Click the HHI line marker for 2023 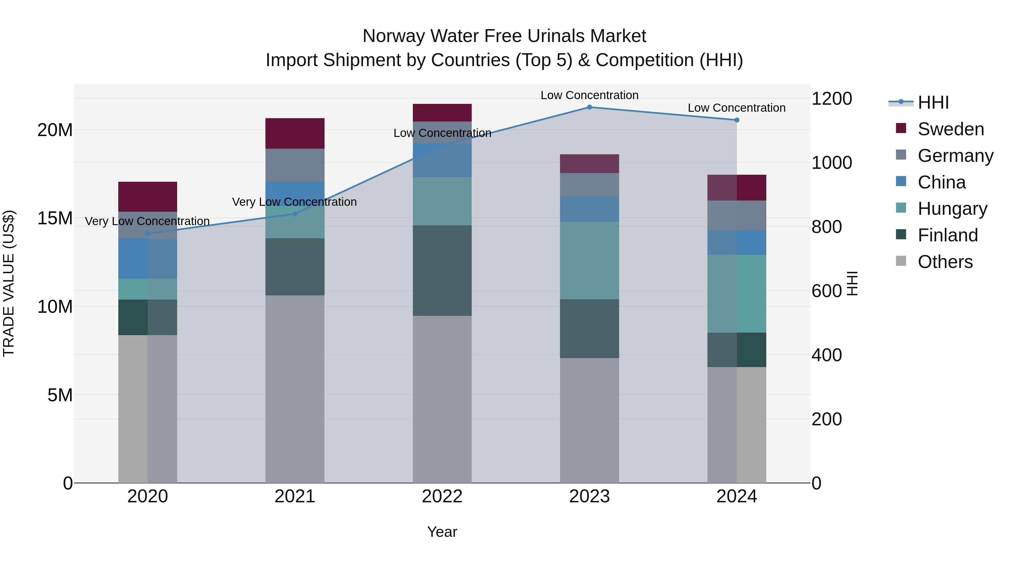click(x=589, y=107)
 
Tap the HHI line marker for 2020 click(x=148, y=234)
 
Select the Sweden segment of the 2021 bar click(x=295, y=134)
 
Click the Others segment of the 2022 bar click(x=442, y=399)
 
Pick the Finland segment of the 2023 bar click(x=589, y=329)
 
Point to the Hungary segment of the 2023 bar click(x=589, y=261)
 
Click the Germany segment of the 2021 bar click(x=295, y=165)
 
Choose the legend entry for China click(x=941, y=182)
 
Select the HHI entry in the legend click(x=933, y=102)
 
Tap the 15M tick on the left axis click(x=55, y=218)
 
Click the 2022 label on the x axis click(x=442, y=496)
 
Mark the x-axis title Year click(x=442, y=532)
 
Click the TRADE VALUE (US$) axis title click(x=9, y=283)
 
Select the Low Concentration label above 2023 click(x=589, y=95)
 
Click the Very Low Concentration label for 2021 click(x=294, y=202)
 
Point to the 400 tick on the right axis click(x=827, y=355)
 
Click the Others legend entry click(x=945, y=262)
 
